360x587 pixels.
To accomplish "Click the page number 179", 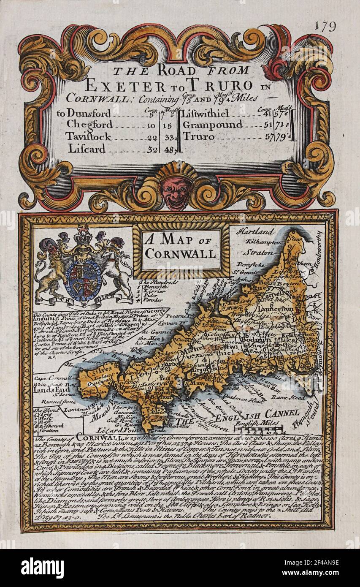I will click(325, 26).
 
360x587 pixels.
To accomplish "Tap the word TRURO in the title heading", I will click(218, 85).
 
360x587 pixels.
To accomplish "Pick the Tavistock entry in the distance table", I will click(88, 136).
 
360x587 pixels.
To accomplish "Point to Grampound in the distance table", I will click(212, 125).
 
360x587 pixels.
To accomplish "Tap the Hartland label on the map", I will click(255, 232).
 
